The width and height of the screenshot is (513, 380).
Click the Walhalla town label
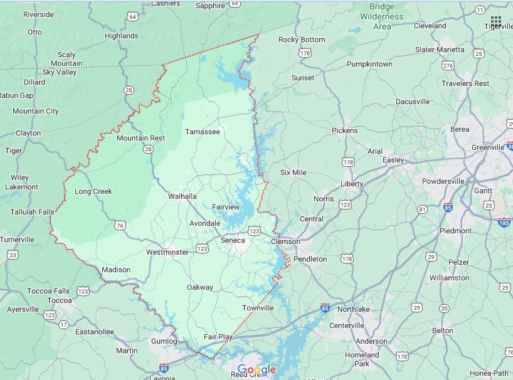pyautogui.click(x=182, y=196)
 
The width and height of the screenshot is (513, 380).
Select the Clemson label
pyautogui.click(x=285, y=241)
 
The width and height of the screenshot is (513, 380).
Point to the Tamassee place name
pyautogui.click(x=202, y=132)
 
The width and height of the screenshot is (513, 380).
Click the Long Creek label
pyautogui.click(x=93, y=191)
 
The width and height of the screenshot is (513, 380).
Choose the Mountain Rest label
pyautogui.click(x=140, y=138)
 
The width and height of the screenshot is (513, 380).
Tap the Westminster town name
pyautogui.click(x=167, y=252)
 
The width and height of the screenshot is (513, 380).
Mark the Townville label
pyautogui.click(x=258, y=308)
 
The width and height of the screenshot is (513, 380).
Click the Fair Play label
pyautogui.click(x=218, y=337)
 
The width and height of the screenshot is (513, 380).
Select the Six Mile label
pyautogui.click(x=293, y=172)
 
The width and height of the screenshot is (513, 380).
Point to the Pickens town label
pyautogui.click(x=344, y=130)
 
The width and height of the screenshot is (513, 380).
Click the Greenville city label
pyautogui.click(x=488, y=147)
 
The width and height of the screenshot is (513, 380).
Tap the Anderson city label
pyautogui.click(x=371, y=341)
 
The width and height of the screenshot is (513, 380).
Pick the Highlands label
pyautogui.click(x=121, y=36)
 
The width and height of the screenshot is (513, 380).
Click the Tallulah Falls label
pyautogui.click(x=30, y=213)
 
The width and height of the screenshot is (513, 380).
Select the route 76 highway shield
pyautogui.click(x=120, y=225)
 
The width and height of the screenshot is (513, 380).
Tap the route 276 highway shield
pyautogui.click(x=448, y=65)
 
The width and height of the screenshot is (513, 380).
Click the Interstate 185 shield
pyautogui.click(x=504, y=222)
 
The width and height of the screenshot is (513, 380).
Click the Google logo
pyautogui.click(x=256, y=370)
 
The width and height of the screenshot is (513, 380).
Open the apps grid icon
pyautogui.click(x=496, y=21)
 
